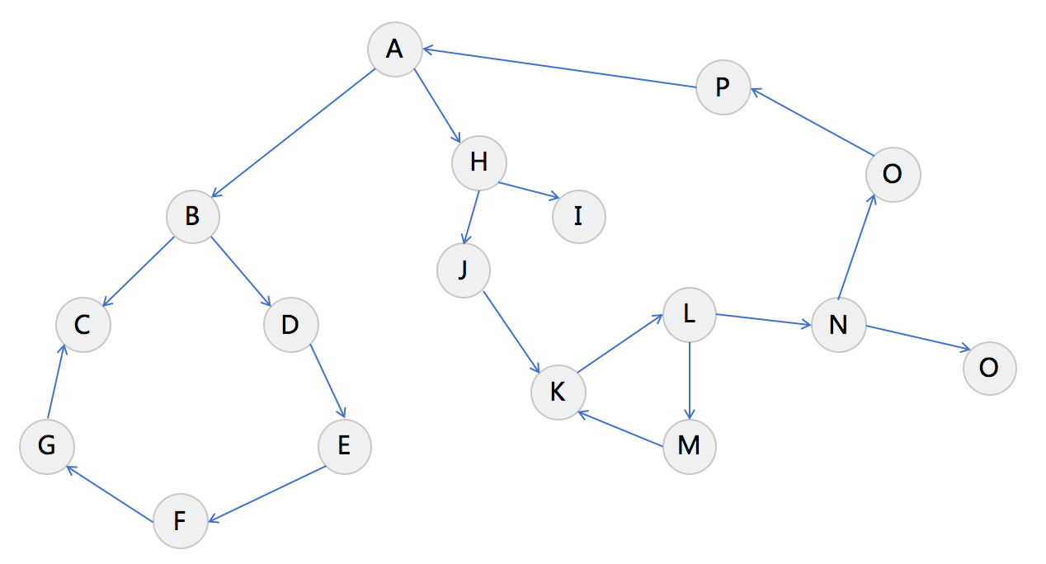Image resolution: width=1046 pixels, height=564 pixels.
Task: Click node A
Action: pos(394,49)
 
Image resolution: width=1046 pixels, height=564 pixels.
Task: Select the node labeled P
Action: pos(723,87)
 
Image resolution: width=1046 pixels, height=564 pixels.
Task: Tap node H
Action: pos(478,162)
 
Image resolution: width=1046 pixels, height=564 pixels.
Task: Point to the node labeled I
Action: pos(578,216)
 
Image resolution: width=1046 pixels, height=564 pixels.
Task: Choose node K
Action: pos(558,392)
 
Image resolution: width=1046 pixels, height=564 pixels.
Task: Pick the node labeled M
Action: pos(689,446)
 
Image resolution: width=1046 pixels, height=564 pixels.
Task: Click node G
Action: pos(47,446)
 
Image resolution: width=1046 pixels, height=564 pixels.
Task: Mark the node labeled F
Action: pos(180,521)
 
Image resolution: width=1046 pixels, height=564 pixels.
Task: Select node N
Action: pos(838,325)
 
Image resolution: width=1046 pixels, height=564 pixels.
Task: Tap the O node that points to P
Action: pos(893,175)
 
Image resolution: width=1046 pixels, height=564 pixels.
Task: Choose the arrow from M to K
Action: pos(620,430)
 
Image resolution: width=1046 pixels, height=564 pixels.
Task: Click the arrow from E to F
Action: pos(266,494)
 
